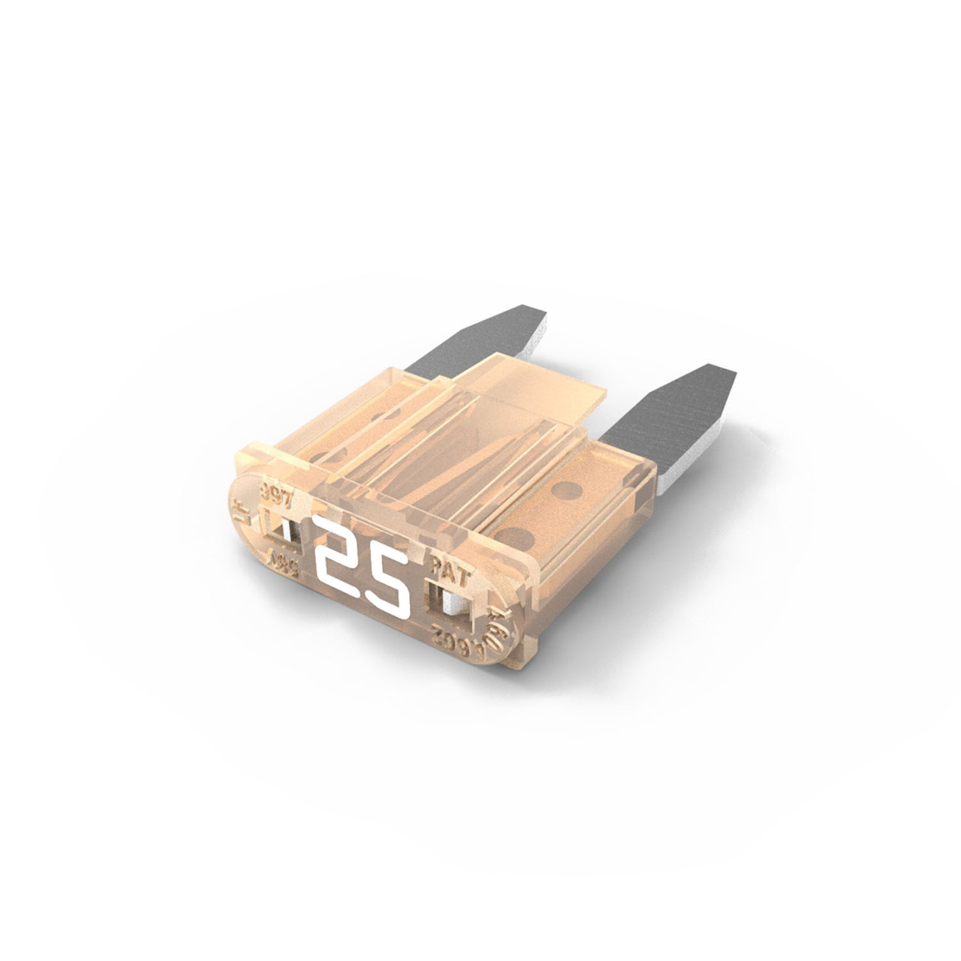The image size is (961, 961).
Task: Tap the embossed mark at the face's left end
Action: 242,514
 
